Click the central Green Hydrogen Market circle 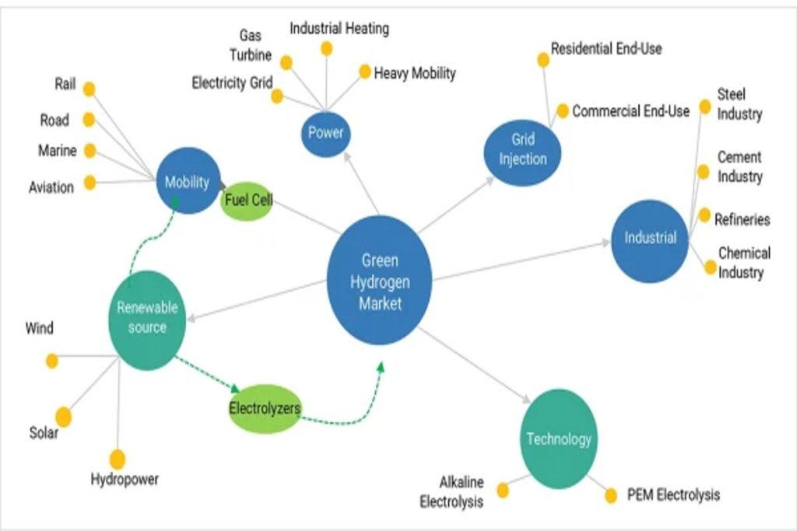click(379, 281)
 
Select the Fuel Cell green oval click(247, 201)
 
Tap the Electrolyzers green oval click(265, 407)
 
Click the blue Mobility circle click(188, 182)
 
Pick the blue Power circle click(325, 133)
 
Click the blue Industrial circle click(650, 239)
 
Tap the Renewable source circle click(147, 318)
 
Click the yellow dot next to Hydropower click(118, 459)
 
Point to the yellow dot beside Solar click(63, 417)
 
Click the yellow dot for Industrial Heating click(327, 49)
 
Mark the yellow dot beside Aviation click(90, 183)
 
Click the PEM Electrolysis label click(673, 494)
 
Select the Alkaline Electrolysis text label click(451, 492)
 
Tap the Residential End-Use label click(606, 48)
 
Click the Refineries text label click(742, 219)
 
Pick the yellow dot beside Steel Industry click(704, 107)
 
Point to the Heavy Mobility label click(415, 74)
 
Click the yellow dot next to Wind click(52, 361)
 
